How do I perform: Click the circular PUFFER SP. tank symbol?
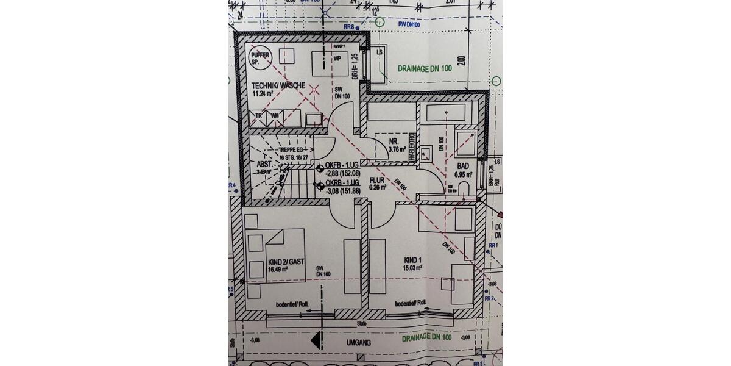click(x=264, y=58)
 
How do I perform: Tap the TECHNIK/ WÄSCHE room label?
click(x=277, y=85)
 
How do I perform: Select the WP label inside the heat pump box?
click(x=336, y=59)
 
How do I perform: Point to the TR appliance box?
click(x=259, y=115)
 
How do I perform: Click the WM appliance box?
click(x=275, y=115)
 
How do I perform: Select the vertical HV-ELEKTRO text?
click(x=412, y=147)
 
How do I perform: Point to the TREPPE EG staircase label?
click(x=291, y=149)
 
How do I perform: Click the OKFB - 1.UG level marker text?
click(x=343, y=165)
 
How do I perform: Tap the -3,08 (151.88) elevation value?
click(x=343, y=191)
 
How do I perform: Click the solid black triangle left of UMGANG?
click(x=316, y=340)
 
